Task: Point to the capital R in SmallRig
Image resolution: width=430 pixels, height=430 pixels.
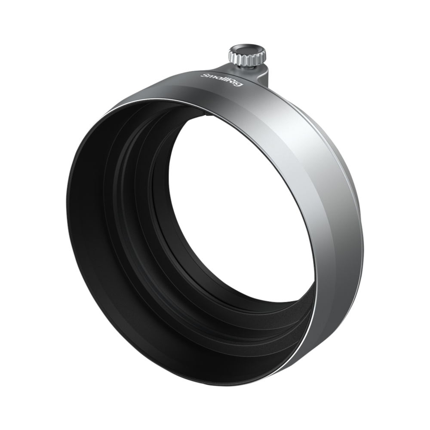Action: click(233, 82)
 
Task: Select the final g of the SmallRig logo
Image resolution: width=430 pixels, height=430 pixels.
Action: click(240, 84)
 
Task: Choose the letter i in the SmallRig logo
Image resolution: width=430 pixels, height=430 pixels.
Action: click(236, 82)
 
